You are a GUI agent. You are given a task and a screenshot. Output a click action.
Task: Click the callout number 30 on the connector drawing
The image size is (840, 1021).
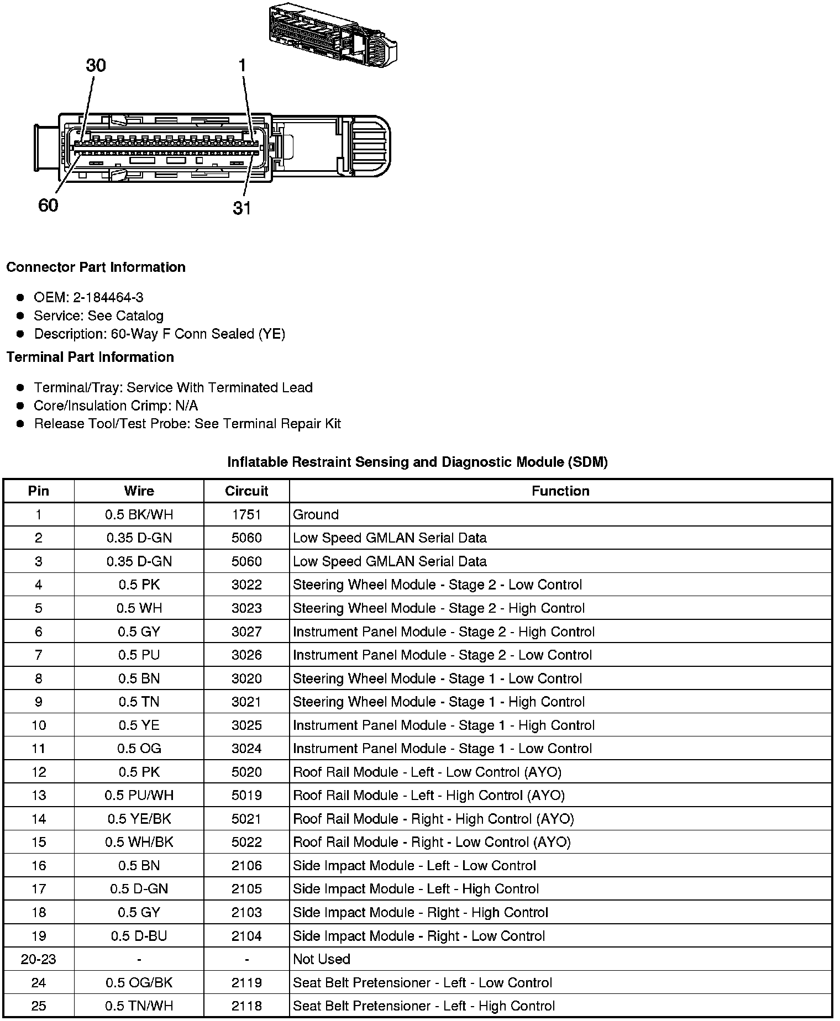coord(96,66)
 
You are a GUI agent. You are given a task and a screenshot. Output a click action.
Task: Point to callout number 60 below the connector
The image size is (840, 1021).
coord(48,206)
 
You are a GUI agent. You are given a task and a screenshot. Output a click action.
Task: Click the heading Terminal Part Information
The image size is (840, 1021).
coord(90,357)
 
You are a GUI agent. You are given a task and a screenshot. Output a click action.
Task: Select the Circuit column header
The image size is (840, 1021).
coord(246,491)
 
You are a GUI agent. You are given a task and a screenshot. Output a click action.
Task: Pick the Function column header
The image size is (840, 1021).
coord(560,491)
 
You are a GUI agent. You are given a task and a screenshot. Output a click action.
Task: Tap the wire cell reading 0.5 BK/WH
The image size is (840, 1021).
coord(139,515)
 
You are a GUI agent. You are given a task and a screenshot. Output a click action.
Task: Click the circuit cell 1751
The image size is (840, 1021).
coord(246,515)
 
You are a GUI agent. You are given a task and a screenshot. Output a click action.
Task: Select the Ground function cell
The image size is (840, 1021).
coord(316,515)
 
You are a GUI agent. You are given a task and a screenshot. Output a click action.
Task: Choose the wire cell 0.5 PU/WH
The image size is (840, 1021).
coord(139,796)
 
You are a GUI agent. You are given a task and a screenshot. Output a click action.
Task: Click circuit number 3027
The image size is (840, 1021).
coord(246,632)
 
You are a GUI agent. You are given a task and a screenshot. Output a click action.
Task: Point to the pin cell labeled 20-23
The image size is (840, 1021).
coord(39,960)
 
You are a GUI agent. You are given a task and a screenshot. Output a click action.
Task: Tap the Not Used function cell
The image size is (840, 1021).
coord(322,960)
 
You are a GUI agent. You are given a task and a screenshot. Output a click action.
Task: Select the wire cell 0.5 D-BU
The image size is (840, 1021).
coord(139,936)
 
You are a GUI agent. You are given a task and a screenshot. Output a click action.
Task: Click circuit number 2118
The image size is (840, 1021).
coord(246,1007)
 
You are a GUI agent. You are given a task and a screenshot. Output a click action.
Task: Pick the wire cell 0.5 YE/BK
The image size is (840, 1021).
coord(139,819)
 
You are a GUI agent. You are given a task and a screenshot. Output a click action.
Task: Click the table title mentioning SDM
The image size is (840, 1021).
coord(417,462)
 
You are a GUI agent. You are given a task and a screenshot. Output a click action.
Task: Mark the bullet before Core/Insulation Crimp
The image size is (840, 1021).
coord(20,406)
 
